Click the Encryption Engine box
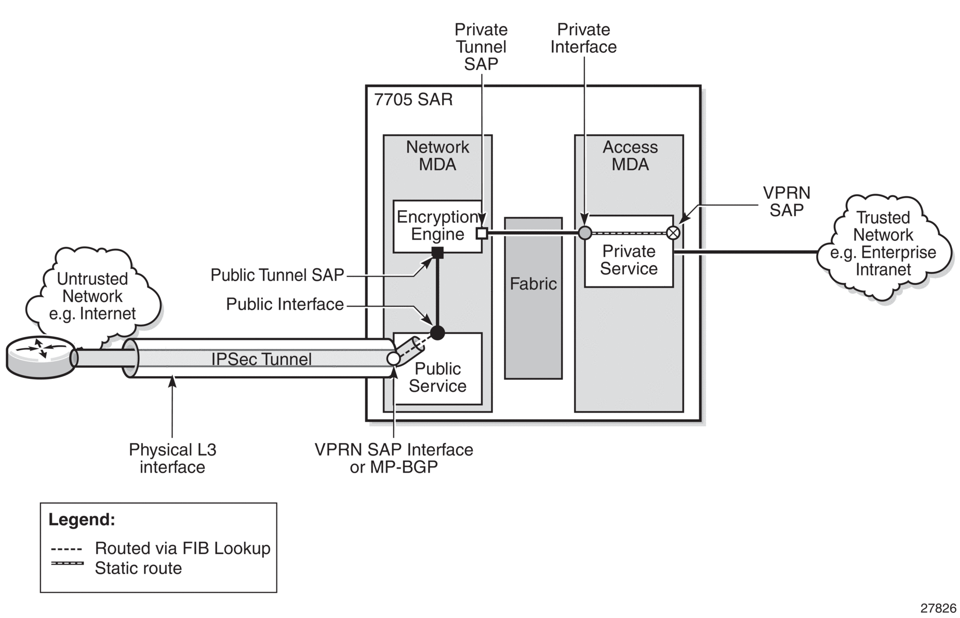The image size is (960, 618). pyautogui.click(x=437, y=226)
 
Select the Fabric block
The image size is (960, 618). pyautogui.click(x=533, y=298)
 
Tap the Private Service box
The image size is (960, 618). pyautogui.click(x=629, y=251)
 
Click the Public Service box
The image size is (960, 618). pyautogui.click(x=437, y=368)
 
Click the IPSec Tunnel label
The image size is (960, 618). pyautogui.click(x=261, y=359)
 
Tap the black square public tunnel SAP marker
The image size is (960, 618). pyautogui.click(x=438, y=253)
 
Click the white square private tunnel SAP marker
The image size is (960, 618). pyautogui.click(x=482, y=233)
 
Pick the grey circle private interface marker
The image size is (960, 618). pyautogui.click(x=585, y=232)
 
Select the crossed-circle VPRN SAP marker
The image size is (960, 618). pyautogui.click(x=673, y=232)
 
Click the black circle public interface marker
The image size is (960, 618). pyautogui.click(x=437, y=333)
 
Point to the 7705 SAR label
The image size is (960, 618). pyautogui.click(x=414, y=99)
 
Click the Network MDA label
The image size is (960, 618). pyautogui.click(x=437, y=156)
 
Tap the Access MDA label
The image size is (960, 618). pyautogui.click(x=630, y=156)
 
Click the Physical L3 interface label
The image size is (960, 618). pyautogui.click(x=172, y=458)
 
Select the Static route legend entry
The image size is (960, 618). pyautogui.click(x=116, y=568)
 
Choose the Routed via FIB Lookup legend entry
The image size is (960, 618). pyautogui.click(x=161, y=548)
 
